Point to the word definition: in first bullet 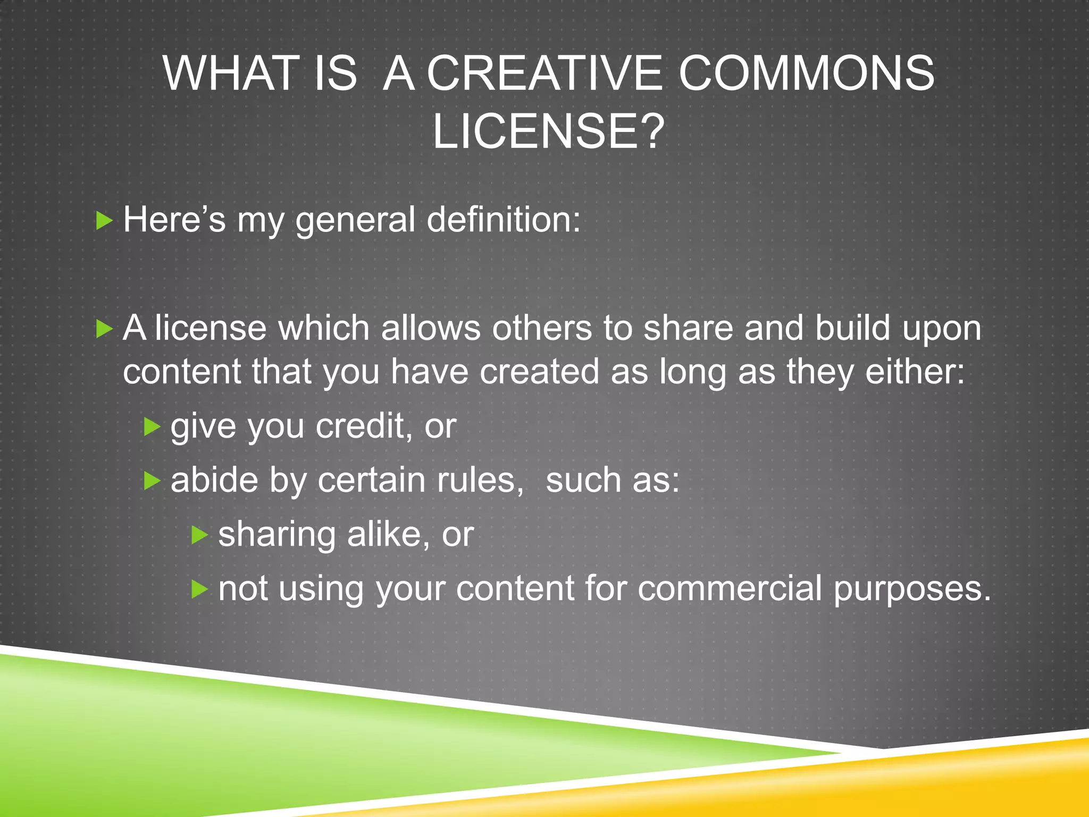[504, 219]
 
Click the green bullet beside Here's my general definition [104, 220]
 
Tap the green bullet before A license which [104, 329]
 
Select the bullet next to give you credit [152, 427]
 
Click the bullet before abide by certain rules [152, 481]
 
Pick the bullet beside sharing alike [199, 535]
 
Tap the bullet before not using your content [199, 589]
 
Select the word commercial [730, 589]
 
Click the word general [355, 220]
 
